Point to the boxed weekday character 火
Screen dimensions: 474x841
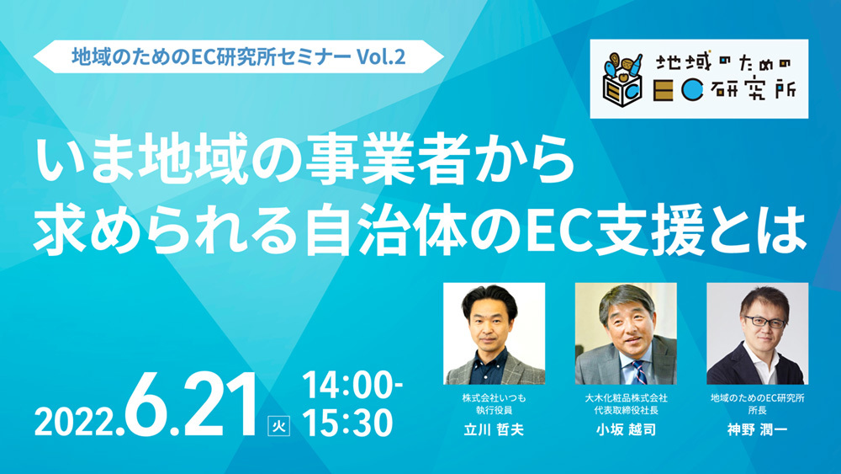(277, 424)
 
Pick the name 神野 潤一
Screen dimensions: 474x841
(757, 432)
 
